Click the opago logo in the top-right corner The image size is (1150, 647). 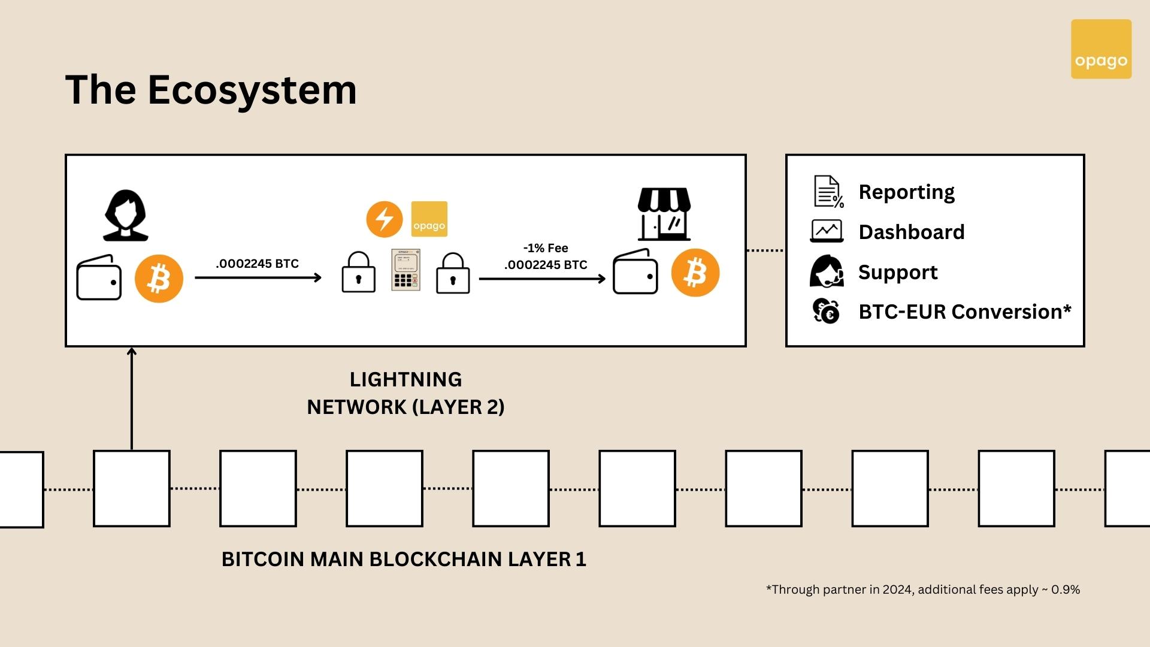coord(1101,49)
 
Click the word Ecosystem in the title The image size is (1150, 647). coord(252,90)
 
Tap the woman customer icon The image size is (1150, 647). coord(126,216)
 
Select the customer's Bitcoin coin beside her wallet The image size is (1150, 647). coord(159,279)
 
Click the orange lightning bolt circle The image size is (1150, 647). coord(385,219)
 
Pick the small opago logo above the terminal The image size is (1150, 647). coord(429,219)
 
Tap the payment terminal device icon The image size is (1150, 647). coord(405,270)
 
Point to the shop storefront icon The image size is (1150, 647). coord(664,214)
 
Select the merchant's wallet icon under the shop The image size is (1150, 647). coord(635,273)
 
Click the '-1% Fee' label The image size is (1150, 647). coord(546,248)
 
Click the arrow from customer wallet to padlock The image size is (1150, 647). coord(258,277)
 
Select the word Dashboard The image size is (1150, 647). coord(912,232)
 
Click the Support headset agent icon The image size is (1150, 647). coord(827,271)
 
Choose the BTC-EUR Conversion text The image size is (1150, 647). coord(964,312)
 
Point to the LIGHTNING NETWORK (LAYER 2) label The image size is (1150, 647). coord(405,393)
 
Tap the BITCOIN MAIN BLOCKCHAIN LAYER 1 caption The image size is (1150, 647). coord(404,559)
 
